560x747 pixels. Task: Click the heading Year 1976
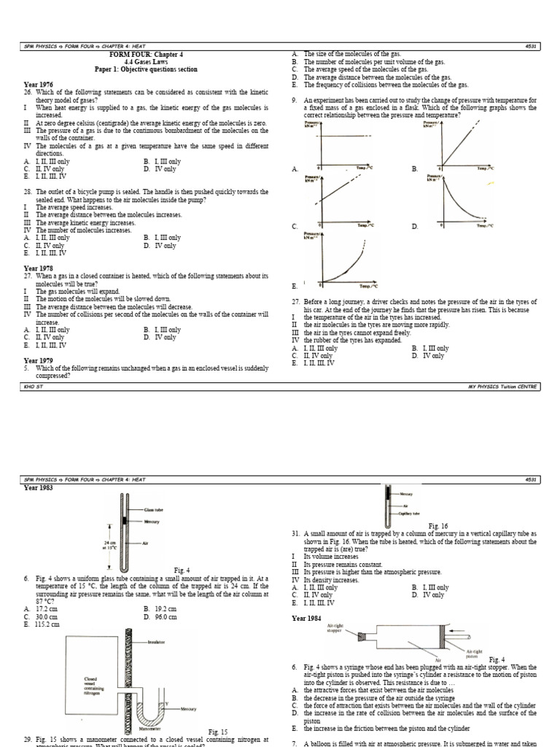[x=39, y=85]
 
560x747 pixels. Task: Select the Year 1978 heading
[x=39, y=268]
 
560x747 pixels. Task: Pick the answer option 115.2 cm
[x=46, y=624]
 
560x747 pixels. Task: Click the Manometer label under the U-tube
[x=145, y=729]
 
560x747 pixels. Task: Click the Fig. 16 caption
[x=438, y=525]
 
